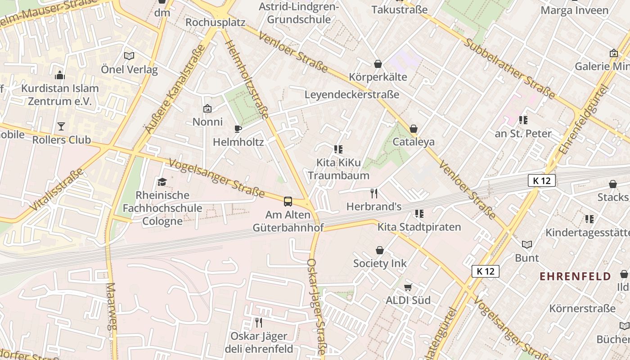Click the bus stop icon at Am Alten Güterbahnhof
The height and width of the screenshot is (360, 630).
(x=288, y=201)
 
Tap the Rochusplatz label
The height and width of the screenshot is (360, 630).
(x=215, y=22)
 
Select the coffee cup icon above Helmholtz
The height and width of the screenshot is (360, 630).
(x=238, y=129)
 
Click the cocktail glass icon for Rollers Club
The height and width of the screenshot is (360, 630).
(x=61, y=126)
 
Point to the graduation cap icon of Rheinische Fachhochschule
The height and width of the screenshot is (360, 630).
(x=162, y=182)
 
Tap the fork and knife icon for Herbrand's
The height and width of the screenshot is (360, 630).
(x=373, y=193)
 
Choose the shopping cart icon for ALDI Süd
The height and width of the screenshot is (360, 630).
(x=408, y=287)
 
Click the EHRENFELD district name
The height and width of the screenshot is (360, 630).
(x=575, y=276)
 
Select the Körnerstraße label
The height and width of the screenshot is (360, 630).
(x=582, y=309)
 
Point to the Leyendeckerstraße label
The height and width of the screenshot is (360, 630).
(x=352, y=94)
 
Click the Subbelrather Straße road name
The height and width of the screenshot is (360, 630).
(x=509, y=68)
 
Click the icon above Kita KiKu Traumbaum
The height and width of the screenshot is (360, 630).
(x=338, y=149)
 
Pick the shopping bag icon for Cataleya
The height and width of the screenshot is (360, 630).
(x=414, y=129)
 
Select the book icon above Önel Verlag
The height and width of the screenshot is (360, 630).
(x=129, y=56)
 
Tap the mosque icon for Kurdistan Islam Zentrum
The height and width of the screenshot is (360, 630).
(x=59, y=75)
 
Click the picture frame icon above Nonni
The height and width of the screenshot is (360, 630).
(x=207, y=108)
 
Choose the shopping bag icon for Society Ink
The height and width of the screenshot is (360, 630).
(x=380, y=250)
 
